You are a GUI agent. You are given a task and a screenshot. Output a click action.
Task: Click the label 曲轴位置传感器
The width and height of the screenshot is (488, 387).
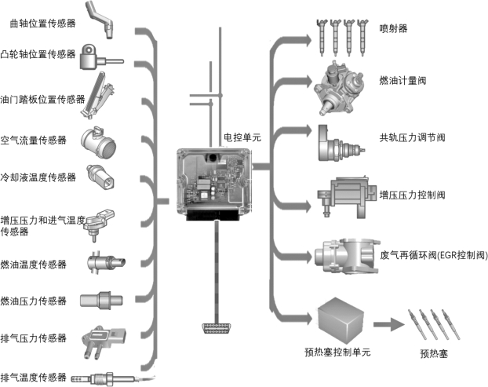[x=43, y=24]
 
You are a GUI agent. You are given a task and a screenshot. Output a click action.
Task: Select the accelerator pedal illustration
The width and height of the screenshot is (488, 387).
[x=99, y=95]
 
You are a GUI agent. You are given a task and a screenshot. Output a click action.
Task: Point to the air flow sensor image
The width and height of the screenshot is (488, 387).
[x=98, y=142]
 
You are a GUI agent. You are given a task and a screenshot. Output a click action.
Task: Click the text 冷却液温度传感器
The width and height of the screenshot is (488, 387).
[x=38, y=177]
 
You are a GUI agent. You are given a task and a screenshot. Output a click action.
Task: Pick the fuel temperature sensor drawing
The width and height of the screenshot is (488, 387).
[x=107, y=262]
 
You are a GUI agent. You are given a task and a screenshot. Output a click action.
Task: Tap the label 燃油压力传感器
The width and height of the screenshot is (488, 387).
[x=33, y=301]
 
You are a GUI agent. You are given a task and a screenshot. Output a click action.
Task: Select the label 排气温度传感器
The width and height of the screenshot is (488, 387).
[x=33, y=378]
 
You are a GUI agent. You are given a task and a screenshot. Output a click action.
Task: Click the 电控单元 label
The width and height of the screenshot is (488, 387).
[x=242, y=137]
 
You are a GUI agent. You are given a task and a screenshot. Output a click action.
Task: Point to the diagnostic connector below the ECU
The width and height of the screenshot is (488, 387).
[x=216, y=328]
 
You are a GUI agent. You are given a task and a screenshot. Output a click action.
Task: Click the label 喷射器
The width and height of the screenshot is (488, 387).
[x=393, y=28]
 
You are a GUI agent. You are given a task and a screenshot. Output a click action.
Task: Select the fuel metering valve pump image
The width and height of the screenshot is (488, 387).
[x=339, y=88]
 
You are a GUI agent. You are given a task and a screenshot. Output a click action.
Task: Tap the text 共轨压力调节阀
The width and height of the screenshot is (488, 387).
[x=412, y=137]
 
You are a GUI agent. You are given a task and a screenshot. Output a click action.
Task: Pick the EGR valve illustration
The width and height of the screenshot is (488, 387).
[x=347, y=256]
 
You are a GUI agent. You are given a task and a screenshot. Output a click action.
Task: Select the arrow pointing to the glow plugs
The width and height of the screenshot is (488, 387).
[x=388, y=325]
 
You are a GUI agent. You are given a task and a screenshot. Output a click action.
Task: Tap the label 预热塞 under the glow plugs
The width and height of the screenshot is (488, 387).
[x=434, y=354]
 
